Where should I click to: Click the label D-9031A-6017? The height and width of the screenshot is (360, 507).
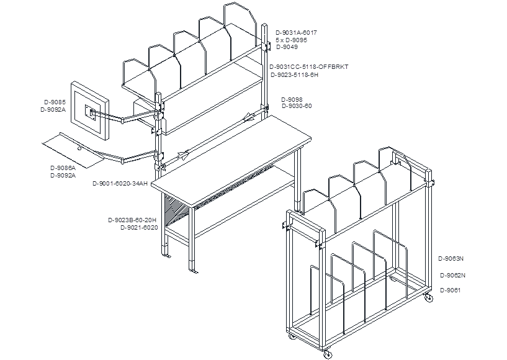point(296,33)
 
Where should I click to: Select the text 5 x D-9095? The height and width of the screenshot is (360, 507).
point(291,40)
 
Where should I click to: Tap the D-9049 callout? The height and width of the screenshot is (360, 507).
point(287,47)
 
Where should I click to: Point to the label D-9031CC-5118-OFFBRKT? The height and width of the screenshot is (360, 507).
point(309,67)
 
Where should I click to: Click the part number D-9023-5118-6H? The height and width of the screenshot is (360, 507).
point(295,75)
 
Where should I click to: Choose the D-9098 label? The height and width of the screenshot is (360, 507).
point(292,100)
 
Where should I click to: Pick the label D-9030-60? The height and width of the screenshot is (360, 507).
point(297,106)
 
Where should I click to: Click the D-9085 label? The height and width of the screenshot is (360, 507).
point(55,102)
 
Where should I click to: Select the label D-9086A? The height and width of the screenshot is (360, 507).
point(63,168)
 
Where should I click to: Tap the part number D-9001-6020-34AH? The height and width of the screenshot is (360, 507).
point(120,184)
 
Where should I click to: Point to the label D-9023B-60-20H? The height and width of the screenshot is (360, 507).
point(132,220)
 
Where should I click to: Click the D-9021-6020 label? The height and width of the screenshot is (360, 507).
point(140,228)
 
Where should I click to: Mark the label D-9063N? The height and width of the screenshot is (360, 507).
point(451,259)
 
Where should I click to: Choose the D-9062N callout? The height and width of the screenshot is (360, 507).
point(452,276)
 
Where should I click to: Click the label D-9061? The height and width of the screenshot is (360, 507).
point(451,290)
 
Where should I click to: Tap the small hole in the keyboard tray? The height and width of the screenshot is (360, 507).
point(79,149)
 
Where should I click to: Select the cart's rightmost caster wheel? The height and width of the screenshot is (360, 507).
point(428,298)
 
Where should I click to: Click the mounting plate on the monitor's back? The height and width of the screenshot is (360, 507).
point(91,113)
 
